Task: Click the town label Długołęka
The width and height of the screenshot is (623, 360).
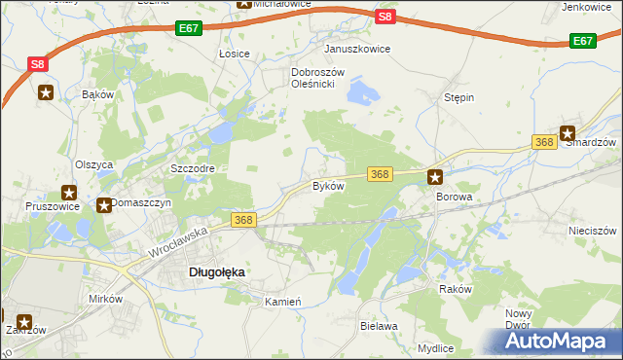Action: click(215, 273)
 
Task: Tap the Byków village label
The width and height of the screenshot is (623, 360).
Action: click(328, 185)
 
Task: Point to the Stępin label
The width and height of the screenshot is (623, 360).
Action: click(458, 98)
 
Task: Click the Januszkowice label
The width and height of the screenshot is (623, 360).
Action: click(357, 49)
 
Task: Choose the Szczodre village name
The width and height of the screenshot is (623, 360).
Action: click(192, 167)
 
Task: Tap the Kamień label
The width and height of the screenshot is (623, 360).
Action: click(283, 302)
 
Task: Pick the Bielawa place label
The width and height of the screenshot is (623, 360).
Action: click(379, 326)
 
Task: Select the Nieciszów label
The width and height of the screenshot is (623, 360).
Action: click(593, 232)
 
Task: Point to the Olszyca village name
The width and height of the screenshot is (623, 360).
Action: click(94, 164)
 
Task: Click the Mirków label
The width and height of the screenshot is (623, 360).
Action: click(106, 299)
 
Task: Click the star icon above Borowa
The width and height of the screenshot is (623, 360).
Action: click(435, 177)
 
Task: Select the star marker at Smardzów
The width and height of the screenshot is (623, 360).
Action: click(568, 134)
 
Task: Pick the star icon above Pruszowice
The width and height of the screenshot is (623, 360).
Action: click(69, 193)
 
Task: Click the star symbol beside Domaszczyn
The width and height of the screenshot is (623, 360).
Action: click(104, 204)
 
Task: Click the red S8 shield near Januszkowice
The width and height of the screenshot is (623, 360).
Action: click(385, 17)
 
